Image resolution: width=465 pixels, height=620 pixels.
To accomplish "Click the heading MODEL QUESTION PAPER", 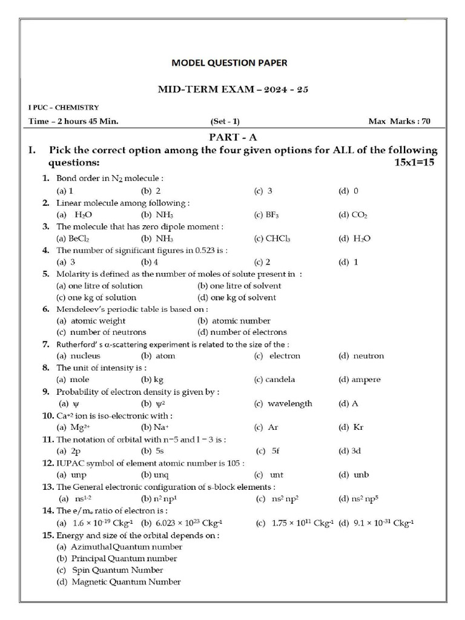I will (x=229, y=62).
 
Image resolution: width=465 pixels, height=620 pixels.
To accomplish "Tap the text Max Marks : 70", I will (x=399, y=121).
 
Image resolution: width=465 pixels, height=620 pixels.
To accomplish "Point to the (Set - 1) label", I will (x=225, y=121).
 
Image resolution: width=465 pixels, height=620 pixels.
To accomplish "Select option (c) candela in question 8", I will (x=275, y=380).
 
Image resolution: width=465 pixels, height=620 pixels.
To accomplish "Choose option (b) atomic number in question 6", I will (x=234, y=321).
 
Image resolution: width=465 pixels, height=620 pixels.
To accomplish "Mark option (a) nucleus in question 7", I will (x=78, y=356).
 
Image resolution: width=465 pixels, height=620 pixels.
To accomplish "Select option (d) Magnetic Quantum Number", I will (x=118, y=582).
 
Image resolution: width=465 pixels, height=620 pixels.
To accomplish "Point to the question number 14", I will (x=48, y=511).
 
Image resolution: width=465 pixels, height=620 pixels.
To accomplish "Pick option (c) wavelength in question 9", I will (x=283, y=404).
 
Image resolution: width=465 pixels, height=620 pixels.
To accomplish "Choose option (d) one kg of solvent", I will (x=237, y=297).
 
